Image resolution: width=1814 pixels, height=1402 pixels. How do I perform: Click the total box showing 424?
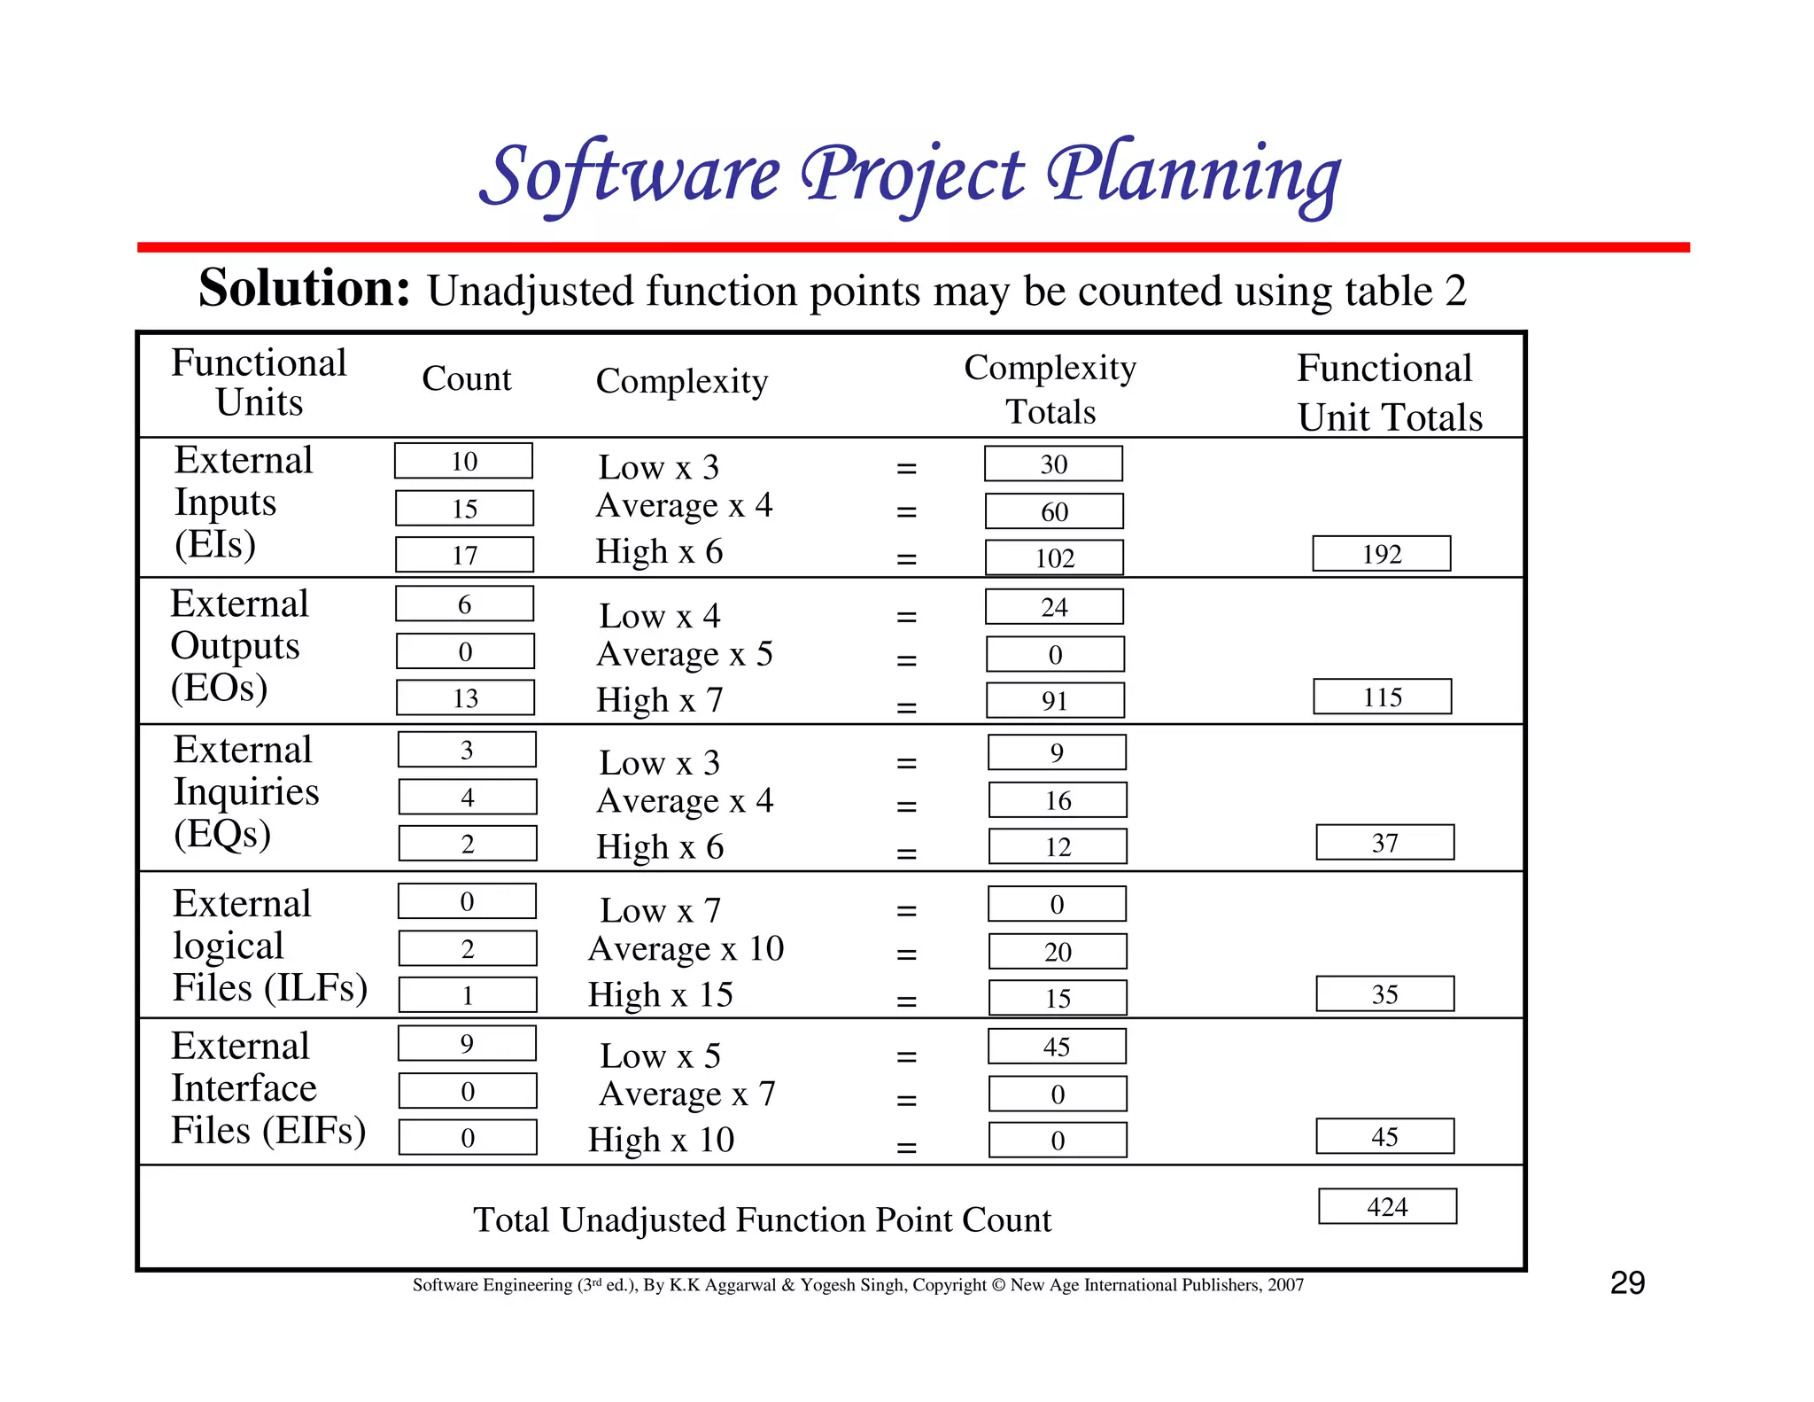1387,1206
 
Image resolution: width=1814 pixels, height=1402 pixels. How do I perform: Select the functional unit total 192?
1381,554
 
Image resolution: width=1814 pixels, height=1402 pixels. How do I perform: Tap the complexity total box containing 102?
1054,557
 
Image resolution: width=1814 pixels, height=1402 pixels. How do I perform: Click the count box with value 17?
464,555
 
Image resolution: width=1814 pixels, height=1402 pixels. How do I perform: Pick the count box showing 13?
465,697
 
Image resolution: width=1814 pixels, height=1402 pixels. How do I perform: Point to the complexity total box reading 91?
1055,700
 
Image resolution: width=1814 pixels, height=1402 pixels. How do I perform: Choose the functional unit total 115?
1382,697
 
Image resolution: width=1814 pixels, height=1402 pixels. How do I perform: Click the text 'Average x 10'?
686,948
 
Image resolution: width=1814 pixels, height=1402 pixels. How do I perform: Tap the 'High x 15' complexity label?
661,994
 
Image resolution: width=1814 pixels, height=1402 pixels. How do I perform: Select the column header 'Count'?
467,378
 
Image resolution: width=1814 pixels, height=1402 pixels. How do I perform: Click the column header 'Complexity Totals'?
1050,389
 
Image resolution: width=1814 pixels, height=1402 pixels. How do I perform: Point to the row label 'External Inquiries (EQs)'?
245,791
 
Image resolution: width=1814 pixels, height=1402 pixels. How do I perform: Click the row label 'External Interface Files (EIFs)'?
267,1088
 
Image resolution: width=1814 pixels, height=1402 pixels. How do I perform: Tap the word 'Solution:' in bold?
304,288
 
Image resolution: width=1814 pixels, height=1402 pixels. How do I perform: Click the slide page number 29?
1627,1282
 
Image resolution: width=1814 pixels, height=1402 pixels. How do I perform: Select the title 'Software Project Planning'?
910,175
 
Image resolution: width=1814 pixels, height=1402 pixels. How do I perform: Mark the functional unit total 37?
1384,843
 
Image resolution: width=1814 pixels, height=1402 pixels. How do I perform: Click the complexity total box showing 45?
1057,1047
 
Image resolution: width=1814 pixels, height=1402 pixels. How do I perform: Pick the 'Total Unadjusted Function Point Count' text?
762,1220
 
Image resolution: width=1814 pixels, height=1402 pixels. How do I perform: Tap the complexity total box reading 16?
1058,800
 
